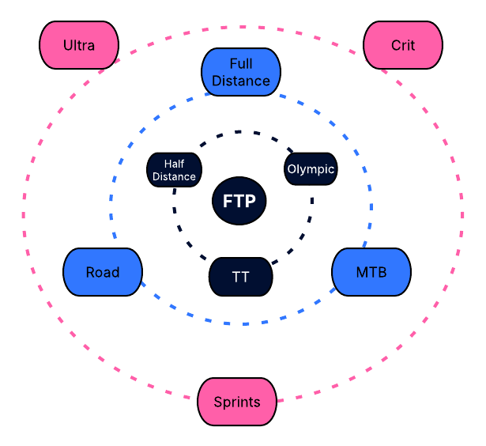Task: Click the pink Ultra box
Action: pos(79,45)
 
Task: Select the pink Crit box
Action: pos(402,45)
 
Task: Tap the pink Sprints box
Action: pos(236,402)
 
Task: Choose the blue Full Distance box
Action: pos(241,72)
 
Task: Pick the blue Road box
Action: pos(103,272)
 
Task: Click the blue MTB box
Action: pos(371,272)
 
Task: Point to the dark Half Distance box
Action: pos(175,170)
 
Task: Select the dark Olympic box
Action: pos(311,169)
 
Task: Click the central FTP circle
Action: pos(239,201)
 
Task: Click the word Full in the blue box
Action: pos(241,63)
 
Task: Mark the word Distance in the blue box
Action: pos(241,81)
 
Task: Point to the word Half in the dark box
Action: pos(175,163)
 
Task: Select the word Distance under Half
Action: pos(175,176)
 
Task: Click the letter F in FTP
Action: pos(228,201)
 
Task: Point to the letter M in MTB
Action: pos(360,272)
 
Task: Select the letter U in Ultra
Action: pos(68,45)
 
